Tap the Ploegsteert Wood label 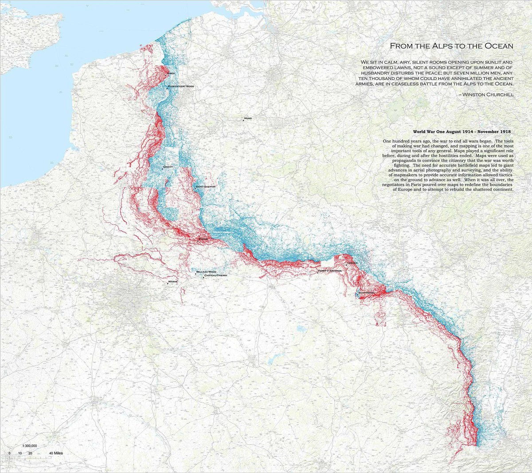tap(181, 86)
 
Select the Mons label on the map tap(248, 119)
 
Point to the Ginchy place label tap(168, 167)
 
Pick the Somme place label tap(203, 239)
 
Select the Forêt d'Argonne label tap(330, 270)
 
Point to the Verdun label tap(352, 263)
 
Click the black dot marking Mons tap(243, 119)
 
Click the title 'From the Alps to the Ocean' tap(451, 46)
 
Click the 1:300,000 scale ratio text tap(29, 445)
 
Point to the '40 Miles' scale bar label tap(56, 453)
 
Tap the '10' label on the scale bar tap(20, 453)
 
